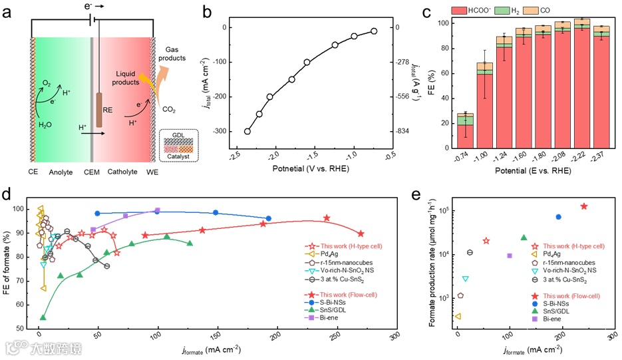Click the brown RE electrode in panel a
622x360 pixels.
99,110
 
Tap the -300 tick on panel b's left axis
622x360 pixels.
218,131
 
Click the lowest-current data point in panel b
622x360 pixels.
374,31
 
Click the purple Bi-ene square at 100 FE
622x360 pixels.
158,211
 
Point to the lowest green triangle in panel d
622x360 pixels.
43,317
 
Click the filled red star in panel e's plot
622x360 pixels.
584,206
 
